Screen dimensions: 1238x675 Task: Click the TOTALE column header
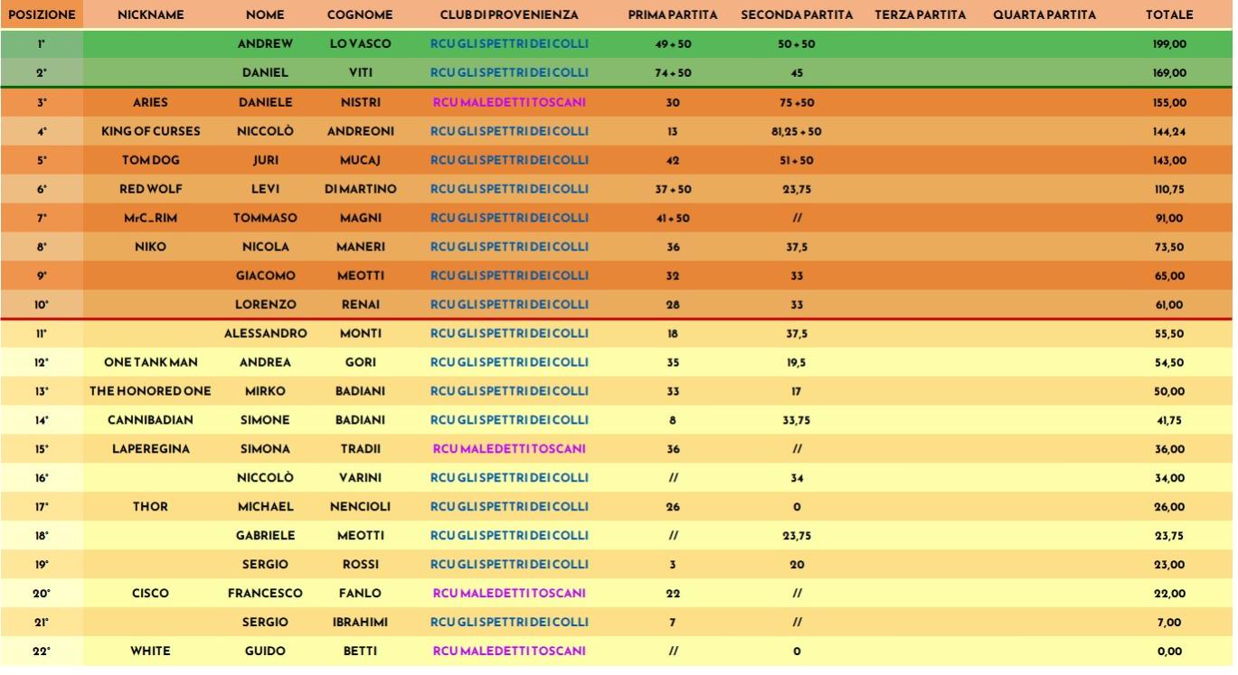click(x=1169, y=15)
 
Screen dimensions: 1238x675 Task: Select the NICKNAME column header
click(x=150, y=15)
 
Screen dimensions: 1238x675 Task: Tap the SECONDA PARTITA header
click(x=797, y=15)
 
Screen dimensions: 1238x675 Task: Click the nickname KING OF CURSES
click(x=150, y=131)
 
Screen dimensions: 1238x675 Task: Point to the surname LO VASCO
click(x=360, y=43)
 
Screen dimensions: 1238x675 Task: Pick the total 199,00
click(x=1169, y=44)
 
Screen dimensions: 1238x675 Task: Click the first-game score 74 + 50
click(x=673, y=73)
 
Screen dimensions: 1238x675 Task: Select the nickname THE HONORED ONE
click(x=150, y=391)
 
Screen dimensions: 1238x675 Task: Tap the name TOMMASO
click(x=265, y=218)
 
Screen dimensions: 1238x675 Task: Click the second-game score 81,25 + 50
click(x=797, y=131)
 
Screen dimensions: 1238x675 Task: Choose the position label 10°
click(x=42, y=305)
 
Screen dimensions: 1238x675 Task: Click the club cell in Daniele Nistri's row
click(x=509, y=103)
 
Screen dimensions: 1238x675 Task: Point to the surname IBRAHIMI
click(x=360, y=623)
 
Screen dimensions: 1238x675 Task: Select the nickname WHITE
click(x=150, y=652)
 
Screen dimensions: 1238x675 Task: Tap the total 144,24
click(x=1169, y=131)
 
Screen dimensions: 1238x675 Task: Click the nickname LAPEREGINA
click(x=150, y=449)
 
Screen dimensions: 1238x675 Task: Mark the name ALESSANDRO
click(x=265, y=333)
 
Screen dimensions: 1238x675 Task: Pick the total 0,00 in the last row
click(x=1169, y=652)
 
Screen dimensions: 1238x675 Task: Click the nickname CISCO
click(x=150, y=594)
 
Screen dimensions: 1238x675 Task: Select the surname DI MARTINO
click(x=360, y=190)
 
